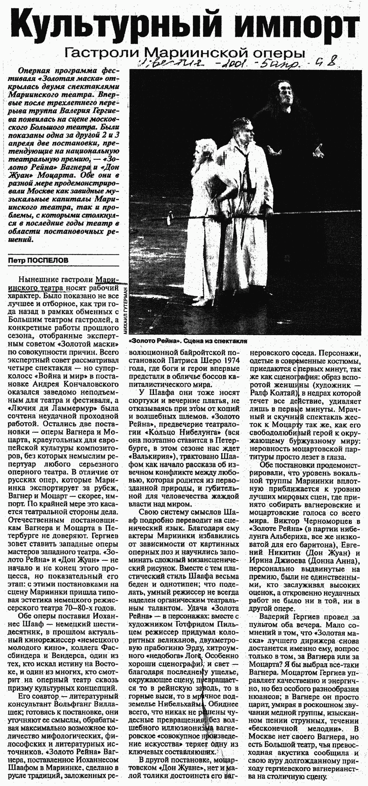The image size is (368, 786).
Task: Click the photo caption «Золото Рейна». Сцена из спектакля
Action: [188, 341]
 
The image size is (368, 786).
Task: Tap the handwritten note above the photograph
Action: [238, 63]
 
